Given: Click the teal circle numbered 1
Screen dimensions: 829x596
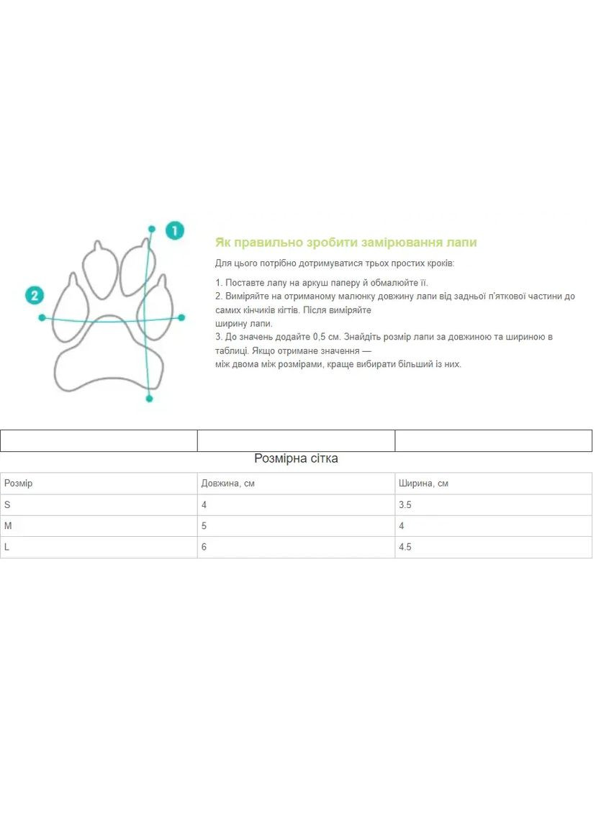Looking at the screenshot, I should [x=174, y=230].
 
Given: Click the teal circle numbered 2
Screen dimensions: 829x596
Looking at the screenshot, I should [x=34, y=295].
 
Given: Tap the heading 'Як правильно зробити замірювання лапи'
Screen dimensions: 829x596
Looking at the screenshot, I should [x=346, y=243].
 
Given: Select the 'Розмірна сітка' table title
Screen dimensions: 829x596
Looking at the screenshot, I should [x=296, y=458].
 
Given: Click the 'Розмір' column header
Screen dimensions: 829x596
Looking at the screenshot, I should [x=18, y=484].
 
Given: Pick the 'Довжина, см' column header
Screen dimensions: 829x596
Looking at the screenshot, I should [x=227, y=484].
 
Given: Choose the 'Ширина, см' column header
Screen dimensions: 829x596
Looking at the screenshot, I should [x=423, y=484].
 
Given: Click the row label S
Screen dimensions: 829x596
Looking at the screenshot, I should [x=7, y=505].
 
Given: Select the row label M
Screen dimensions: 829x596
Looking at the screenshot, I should [x=8, y=526].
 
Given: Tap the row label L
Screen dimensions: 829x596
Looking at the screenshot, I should [x=7, y=547].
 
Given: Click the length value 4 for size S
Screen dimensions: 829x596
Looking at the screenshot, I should [x=204, y=505].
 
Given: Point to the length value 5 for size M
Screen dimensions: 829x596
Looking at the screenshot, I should [x=204, y=526].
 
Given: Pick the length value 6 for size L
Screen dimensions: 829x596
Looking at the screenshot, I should [x=204, y=547].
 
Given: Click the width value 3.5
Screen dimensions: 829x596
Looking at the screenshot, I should [x=405, y=505].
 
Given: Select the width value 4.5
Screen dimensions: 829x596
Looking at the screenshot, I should [x=405, y=547].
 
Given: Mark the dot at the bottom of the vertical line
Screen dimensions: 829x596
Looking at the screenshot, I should [x=149, y=398].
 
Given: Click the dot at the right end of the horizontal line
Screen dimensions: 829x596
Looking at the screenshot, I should [x=181, y=317].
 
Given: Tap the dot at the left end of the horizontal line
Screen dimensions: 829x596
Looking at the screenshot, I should [x=42, y=317].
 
